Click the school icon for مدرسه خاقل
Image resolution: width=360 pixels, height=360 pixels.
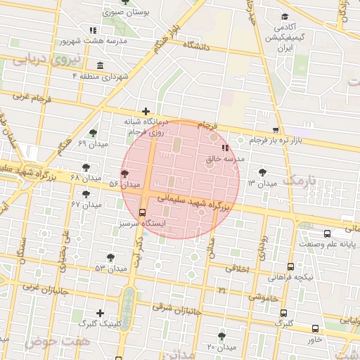point(225,148)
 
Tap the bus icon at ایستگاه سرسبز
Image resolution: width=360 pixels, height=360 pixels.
point(143,212)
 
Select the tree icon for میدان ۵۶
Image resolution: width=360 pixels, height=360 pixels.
point(124,173)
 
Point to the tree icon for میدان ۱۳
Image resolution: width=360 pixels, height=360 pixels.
point(262,172)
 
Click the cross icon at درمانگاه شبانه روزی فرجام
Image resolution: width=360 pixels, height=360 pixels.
point(146,111)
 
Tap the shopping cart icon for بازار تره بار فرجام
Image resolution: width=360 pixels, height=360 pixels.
point(275,130)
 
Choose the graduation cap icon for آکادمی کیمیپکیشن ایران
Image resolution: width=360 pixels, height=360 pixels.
point(284,17)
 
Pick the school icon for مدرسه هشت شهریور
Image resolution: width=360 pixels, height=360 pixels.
point(93,30)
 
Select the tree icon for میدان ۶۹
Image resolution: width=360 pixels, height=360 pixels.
point(93,132)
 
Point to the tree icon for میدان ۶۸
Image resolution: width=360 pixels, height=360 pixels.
point(86,167)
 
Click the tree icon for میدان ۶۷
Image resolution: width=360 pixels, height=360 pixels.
point(86,193)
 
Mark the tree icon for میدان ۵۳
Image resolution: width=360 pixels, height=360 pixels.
point(110,257)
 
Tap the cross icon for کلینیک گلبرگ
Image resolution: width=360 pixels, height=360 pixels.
point(100,313)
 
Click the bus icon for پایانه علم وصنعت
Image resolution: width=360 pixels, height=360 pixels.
point(327,233)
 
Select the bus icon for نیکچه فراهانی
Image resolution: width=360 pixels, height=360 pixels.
point(291,266)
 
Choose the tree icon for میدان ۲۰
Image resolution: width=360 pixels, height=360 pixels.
point(222,336)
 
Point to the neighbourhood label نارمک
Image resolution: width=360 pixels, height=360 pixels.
point(300,181)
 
